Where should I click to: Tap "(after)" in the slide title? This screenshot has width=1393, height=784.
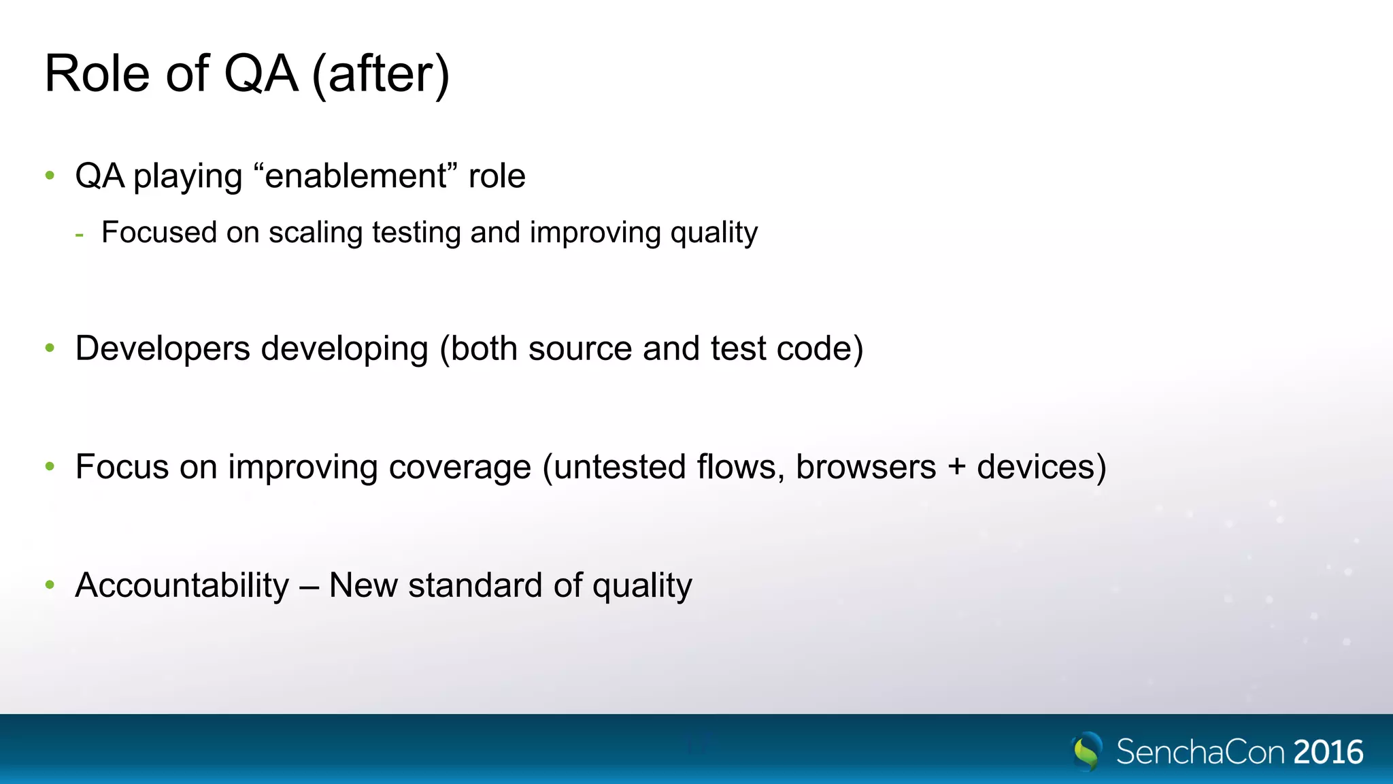tap(381, 75)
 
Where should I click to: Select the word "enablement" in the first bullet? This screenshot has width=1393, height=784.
tap(356, 176)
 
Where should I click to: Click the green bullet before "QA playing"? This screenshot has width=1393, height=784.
tap(50, 176)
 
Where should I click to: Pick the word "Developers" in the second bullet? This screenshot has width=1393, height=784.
tap(163, 349)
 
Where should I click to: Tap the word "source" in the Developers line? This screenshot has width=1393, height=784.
tap(580, 349)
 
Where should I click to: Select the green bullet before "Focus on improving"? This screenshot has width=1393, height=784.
tap(50, 466)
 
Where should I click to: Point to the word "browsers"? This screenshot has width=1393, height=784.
tap(865, 468)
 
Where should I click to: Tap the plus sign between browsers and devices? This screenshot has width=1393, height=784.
tap(956, 468)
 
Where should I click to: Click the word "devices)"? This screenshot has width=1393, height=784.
tap(1041, 468)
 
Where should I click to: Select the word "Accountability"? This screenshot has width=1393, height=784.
tap(182, 586)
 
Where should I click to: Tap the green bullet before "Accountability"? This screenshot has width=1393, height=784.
tap(50, 585)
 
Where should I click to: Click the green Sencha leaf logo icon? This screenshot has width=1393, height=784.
tap(1087, 751)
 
